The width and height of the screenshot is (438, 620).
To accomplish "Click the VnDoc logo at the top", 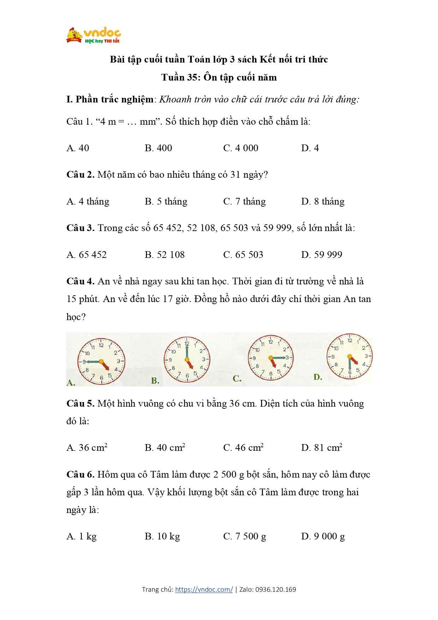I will click(94, 35).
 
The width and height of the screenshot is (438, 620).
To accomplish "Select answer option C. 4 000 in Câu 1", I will click(241, 148).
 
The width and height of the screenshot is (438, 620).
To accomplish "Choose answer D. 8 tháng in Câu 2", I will click(322, 201).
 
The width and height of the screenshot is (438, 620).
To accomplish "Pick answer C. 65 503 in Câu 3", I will click(243, 255).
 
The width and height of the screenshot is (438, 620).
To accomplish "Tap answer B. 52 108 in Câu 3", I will click(165, 255).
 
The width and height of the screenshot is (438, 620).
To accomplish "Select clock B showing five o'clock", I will click(187, 360).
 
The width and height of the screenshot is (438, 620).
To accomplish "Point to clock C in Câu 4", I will click(271, 358).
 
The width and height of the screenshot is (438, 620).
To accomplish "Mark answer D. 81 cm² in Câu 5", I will click(321, 448).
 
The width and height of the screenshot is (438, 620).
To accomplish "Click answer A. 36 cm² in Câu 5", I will click(87, 448).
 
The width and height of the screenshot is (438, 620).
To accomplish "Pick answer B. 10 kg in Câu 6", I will click(162, 536).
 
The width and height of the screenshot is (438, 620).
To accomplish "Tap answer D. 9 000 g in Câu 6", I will click(323, 536).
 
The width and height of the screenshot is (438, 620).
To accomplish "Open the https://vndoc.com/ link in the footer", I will click(204, 589).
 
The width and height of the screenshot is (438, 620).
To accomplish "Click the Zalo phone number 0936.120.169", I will click(276, 589).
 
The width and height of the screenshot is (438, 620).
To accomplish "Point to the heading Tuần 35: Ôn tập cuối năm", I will click(219, 77).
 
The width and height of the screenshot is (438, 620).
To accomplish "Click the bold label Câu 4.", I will click(80, 281).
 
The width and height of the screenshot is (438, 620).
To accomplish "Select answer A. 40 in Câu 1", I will click(78, 148).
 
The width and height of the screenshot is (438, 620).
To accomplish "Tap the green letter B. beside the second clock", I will click(155, 380).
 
